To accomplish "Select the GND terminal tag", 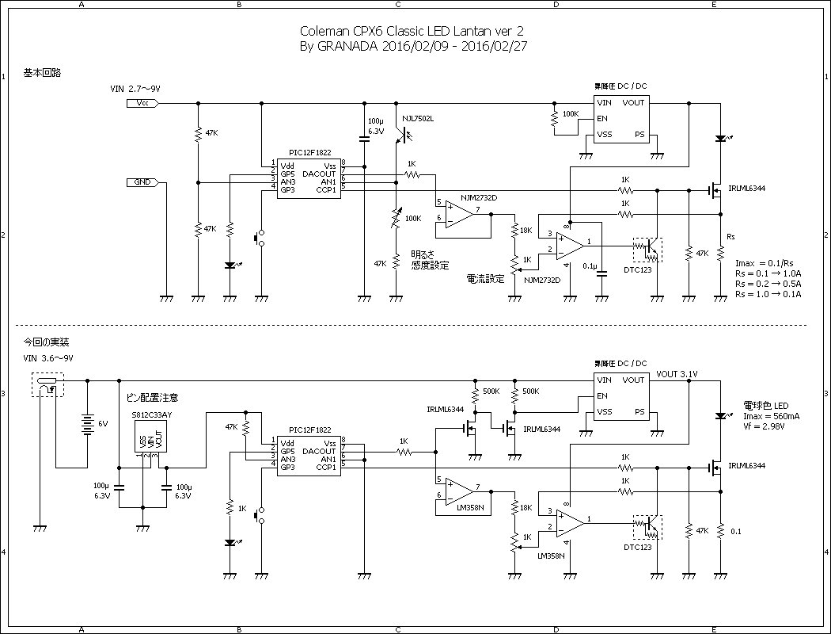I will pos(142,182).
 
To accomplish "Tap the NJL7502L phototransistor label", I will pos(418,119).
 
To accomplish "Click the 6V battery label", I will pos(103,424).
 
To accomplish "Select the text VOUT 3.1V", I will pos(677,374).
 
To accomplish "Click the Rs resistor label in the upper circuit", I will pos(730,236).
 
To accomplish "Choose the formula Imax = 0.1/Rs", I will pos(765,262).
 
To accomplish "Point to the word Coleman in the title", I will pos(324,31).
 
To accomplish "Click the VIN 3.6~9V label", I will pos(51,358).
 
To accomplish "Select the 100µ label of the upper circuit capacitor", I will pos(375,120).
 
